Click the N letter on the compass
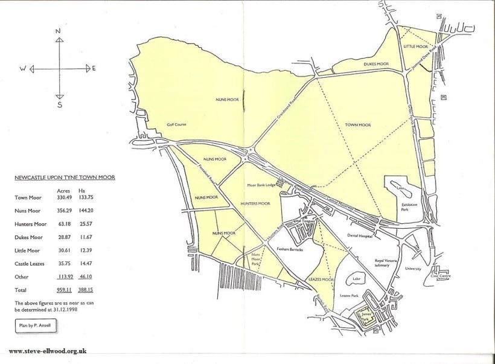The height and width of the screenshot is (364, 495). [59, 30]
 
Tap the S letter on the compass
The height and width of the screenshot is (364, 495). [59, 104]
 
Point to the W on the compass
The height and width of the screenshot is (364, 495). [22, 69]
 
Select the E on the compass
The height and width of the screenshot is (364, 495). [94, 68]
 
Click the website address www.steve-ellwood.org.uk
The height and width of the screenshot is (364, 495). [48, 351]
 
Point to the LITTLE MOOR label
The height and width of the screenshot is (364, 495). [415, 46]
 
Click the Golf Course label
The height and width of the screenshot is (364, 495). [176, 125]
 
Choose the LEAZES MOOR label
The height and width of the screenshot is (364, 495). [321, 279]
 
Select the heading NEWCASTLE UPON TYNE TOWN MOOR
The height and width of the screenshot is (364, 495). [65, 177]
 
